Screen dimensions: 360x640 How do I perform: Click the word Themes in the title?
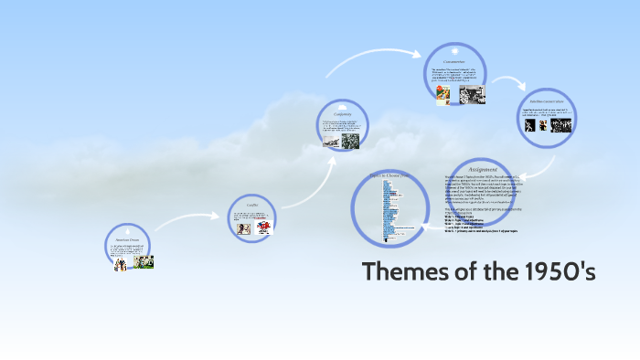406,272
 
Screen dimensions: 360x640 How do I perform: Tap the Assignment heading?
483,169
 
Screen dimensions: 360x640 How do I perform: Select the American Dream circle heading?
129,241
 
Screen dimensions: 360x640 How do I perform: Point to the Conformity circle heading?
343,114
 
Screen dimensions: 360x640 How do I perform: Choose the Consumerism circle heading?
454,61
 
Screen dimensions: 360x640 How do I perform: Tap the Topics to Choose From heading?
390,175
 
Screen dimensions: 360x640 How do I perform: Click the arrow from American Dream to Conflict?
187,219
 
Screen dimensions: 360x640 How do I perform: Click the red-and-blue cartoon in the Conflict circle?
262,227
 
